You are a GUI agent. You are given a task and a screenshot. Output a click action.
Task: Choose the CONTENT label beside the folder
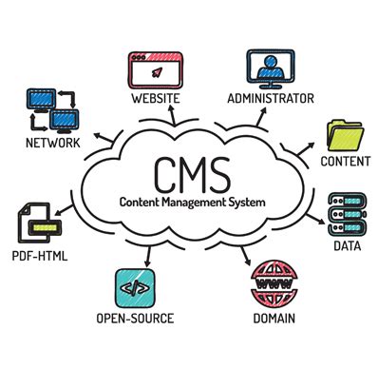(x=345, y=162)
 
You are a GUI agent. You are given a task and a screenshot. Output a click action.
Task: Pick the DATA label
(x=346, y=245)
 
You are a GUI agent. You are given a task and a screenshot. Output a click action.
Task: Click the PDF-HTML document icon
(x=37, y=224)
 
